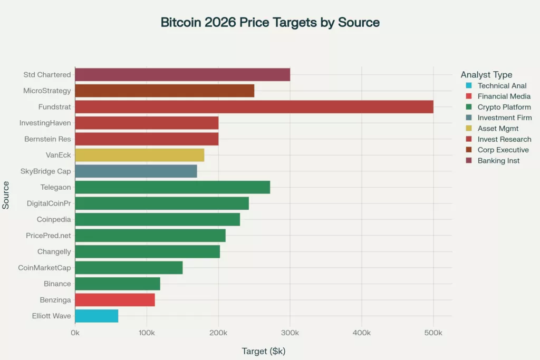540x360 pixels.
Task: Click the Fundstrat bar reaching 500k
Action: (254, 107)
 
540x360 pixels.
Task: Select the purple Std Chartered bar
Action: (182, 75)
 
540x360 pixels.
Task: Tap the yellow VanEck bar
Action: (139, 155)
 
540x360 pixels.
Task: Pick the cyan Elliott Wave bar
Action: (97, 316)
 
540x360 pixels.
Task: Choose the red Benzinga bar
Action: (115, 300)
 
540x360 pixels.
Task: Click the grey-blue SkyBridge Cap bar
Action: (136, 171)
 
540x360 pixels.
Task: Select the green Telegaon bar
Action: (172, 187)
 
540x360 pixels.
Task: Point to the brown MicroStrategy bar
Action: (165, 91)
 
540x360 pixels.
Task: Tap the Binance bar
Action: (118, 284)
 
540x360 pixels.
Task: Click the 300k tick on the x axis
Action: (290, 333)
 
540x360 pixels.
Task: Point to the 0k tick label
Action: (75, 333)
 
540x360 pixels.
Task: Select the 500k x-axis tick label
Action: (433, 333)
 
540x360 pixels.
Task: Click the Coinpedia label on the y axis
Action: (54, 219)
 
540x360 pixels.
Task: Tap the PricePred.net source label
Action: (49, 236)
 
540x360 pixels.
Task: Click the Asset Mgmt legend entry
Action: (498, 129)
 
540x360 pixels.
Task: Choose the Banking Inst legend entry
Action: (498, 161)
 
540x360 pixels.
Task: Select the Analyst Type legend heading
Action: (486, 75)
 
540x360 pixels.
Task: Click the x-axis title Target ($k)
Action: (263, 351)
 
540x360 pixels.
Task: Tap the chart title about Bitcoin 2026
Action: (270, 23)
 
